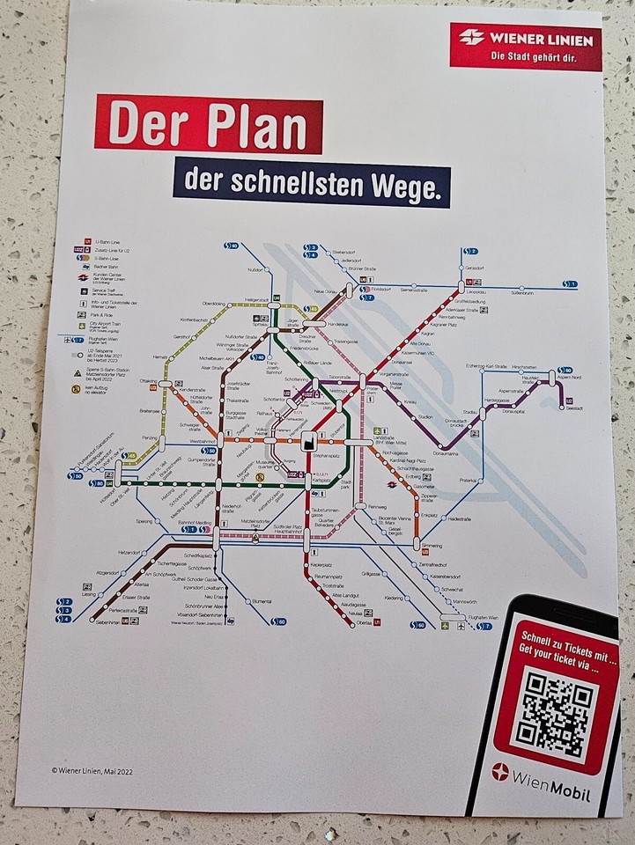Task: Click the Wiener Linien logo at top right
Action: point(526,47)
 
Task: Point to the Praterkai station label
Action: point(466,480)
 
